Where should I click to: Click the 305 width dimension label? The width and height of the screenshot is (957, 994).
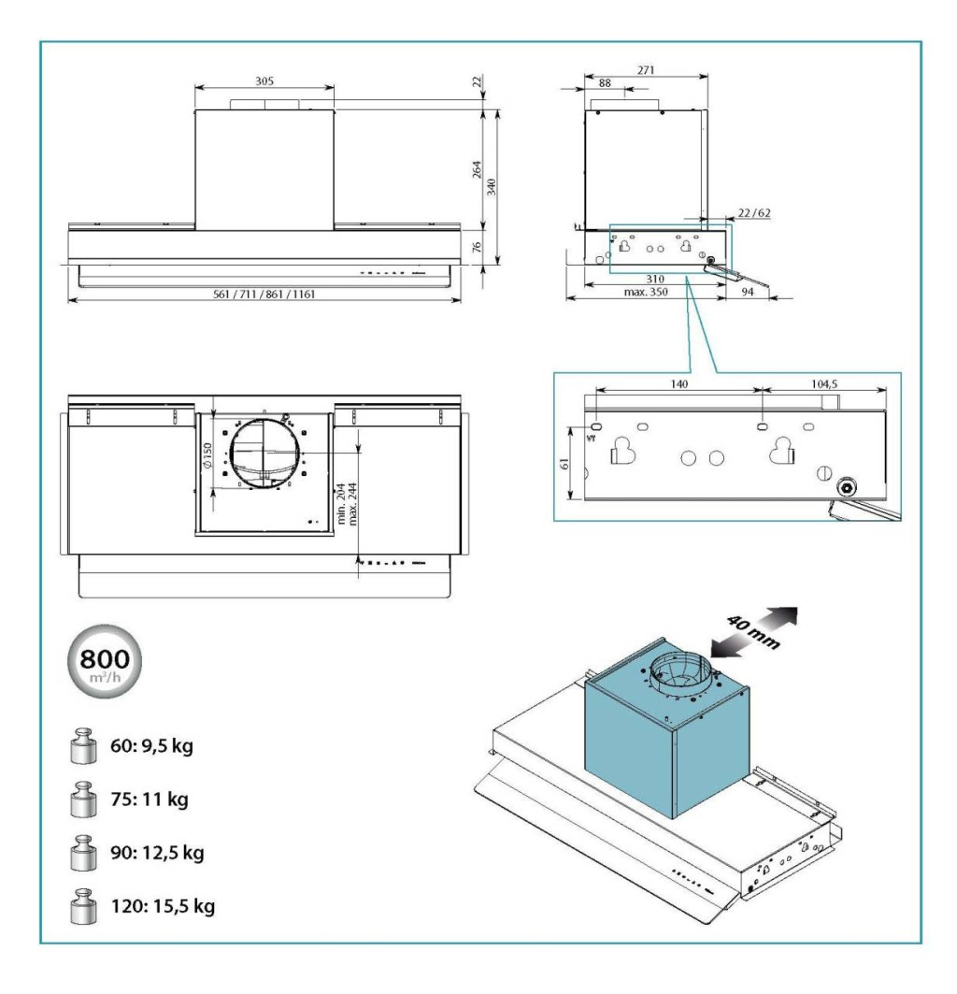pyautogui.click(x=264, y=81)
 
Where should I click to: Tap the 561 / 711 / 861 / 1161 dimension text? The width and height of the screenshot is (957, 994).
pyautogui.click(x=265, y=295)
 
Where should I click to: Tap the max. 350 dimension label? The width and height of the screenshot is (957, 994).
pyautogui.click(x=644, y=294)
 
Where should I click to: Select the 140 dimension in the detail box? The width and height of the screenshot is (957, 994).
pyautogui.click(x=678, y=384)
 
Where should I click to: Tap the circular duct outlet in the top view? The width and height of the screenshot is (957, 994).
pyautogui.click(x=266, y=454)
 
